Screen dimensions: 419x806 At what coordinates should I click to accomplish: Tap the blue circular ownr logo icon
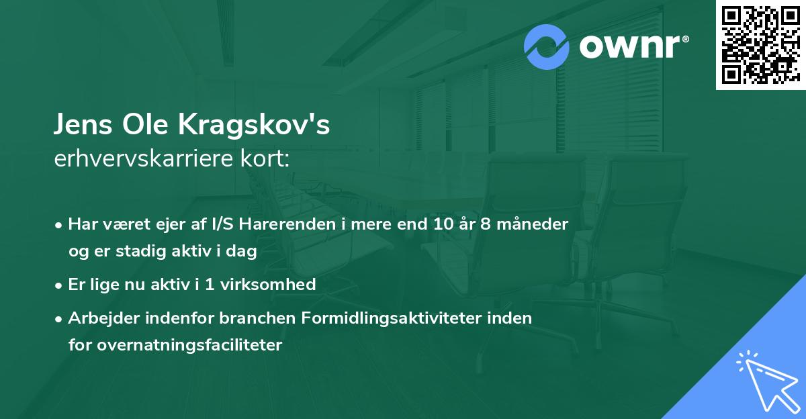tap(547, 47)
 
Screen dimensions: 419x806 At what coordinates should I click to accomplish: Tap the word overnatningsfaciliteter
tap(175, 345)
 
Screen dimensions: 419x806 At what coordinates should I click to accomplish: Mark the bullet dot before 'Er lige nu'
tap(60, 285)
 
